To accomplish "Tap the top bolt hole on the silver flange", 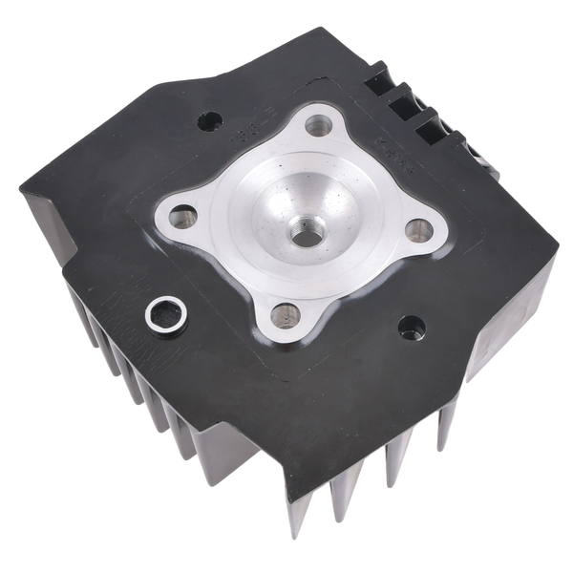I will tap(319, 124).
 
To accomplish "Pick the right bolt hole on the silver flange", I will tap(417, 229).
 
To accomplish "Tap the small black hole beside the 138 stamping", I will tap(209, 121).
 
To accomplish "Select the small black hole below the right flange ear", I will tap(412, 328).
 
